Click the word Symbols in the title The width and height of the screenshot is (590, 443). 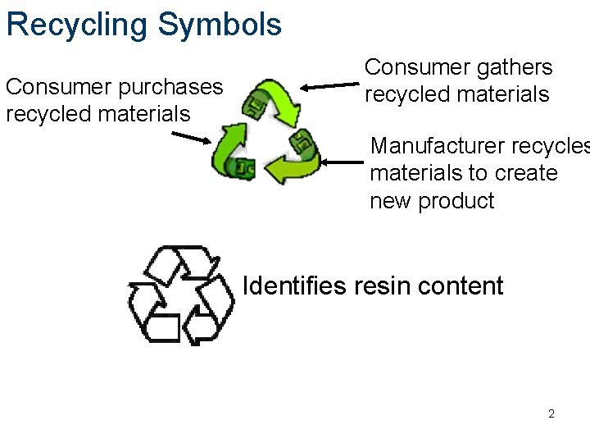click(220, 25)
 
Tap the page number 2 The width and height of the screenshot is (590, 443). click(551, 413)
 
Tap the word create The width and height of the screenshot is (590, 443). click(524, 174)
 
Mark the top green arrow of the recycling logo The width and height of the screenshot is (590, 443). click(275, 100)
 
